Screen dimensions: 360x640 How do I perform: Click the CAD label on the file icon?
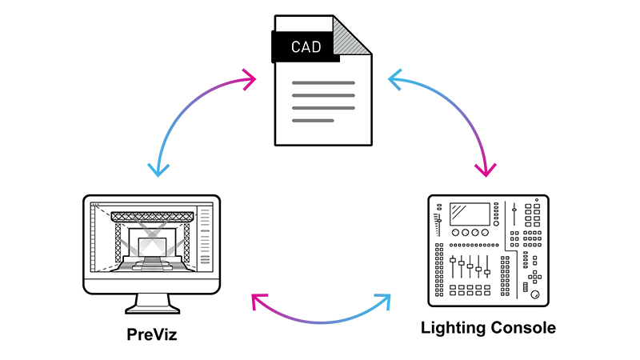click(x=306, y=46)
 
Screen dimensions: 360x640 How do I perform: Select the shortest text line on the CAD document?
click(x=313, y=121)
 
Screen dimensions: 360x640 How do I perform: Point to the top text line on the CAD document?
click(x=323, y=82)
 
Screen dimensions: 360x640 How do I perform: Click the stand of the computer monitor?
click(x=151, y=302)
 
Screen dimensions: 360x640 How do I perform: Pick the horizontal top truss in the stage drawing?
click(x=152, y=216)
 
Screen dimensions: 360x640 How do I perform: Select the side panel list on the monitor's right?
click(x=206, y=240)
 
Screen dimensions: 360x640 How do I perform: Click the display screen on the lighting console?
click(x=470, y=214)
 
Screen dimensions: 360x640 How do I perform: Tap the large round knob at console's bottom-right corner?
click(x=534, y=295)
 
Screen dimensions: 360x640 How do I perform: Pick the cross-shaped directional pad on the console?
click(x=533, y=276)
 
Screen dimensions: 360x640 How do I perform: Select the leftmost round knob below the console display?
click(x=454, y=234)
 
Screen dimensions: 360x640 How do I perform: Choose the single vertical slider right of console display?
click(x=514, y=216)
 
